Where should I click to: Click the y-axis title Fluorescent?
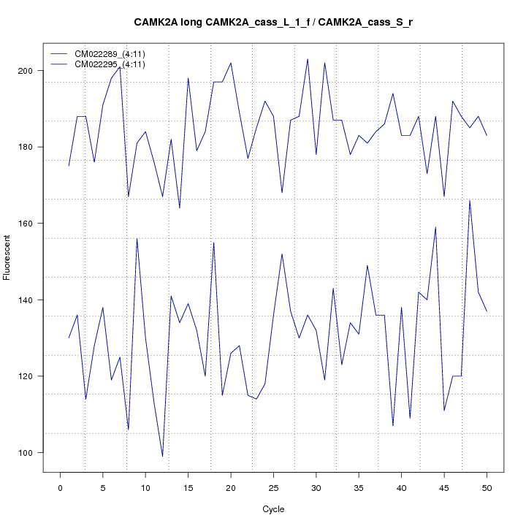coord(7,257)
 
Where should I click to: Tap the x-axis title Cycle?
coord(272,509)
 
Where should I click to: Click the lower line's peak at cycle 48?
coord(470,200)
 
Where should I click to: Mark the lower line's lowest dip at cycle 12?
coord(162,456)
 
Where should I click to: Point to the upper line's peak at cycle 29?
coord(308,59)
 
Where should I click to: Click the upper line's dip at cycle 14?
coord(180,208)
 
